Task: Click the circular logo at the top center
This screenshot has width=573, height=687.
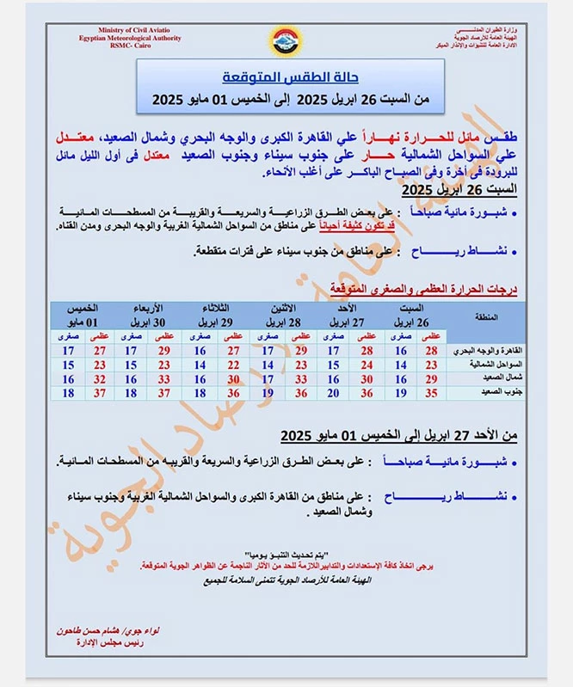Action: tap(286, 39)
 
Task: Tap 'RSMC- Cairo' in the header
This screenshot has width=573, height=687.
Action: tap(113, 46)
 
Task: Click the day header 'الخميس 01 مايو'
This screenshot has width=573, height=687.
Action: tap(83, 314)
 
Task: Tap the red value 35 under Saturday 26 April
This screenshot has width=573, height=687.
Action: tap(432, 392)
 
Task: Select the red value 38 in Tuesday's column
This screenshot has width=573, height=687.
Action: tap(233, 392)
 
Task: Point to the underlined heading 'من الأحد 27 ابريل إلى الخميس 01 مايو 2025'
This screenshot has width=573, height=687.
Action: tap(399, 435)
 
